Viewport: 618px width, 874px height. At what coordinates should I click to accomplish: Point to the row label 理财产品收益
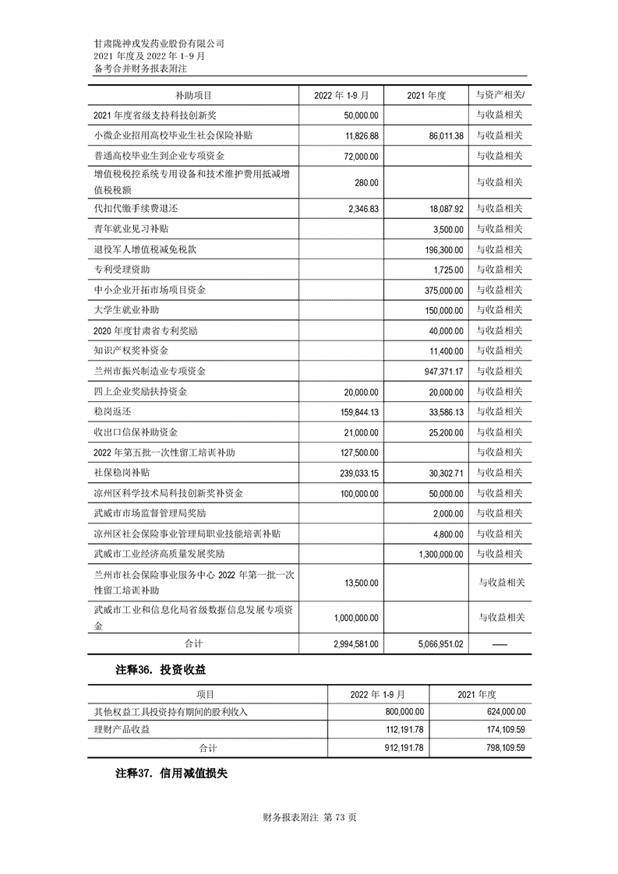pyautogui.click(x=121, y=729)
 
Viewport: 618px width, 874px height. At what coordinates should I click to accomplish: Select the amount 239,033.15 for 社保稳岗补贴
pyautogui.click(x=352, y=473)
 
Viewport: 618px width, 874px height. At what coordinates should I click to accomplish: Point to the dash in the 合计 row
pyautogui.click(x=500, y=644)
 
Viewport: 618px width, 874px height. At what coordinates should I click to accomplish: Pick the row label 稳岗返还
pyautogui.click(x=112, y=412)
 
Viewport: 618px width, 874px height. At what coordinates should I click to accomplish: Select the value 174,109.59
pyautogui.click(x=499, y=729)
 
